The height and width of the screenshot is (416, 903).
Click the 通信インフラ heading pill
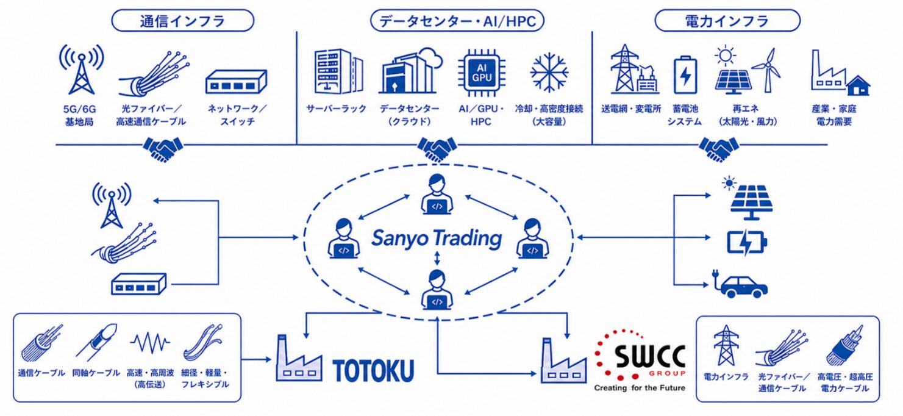(x=183, y=21)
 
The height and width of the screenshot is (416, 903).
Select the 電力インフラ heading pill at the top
(x=727, y=21)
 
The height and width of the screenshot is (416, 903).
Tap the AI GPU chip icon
(x=481, y=73)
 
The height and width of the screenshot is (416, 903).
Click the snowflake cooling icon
(x=549, y=73)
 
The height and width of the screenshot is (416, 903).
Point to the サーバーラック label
(x=336, y=109)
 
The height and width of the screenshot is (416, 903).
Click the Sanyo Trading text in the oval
(x=437, y=238)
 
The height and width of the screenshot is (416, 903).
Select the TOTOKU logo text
(x=373, y=370)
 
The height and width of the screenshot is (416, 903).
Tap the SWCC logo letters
(x=649, y=356)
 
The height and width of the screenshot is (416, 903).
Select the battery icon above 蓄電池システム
(x=685, y=75)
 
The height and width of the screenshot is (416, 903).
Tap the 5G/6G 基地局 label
(x=79, y=115)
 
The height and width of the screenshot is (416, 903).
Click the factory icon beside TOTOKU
(x=299, y=358)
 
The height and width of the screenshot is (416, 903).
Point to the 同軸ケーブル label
(x=96, y=373)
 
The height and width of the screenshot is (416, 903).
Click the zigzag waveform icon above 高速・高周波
(x=149, y=343)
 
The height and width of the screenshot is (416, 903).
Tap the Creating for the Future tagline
(x=640, y=388)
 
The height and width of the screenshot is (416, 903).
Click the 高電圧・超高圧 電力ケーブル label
(x=845, y=382)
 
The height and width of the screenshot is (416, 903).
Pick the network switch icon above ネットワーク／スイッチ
(x=236, y=82)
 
